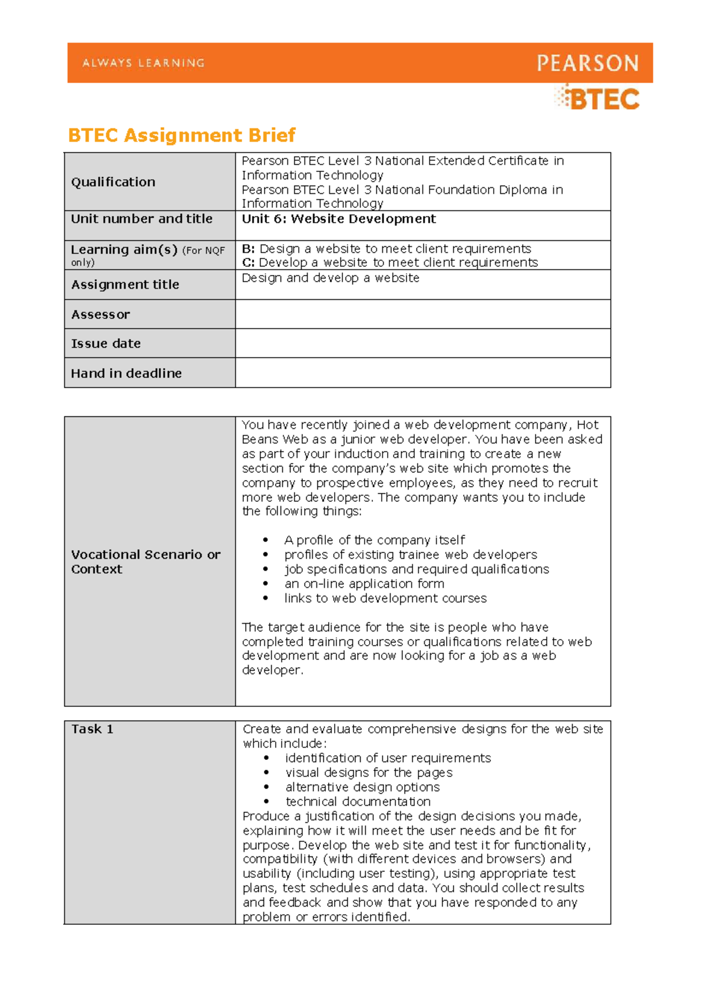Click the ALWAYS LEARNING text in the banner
(143, 63)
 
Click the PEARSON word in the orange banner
(587, 63)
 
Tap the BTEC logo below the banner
(597, 98)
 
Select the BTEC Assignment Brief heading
(181, 135)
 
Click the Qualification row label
(113, 182)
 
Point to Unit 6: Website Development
(339, 219)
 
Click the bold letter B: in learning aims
(248, 249)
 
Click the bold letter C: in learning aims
(248, 263)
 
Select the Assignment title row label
(125, 285)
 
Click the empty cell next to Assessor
(422, 314)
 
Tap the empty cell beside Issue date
(422, 343)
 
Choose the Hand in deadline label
(126, 373)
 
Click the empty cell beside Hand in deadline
(422, 372)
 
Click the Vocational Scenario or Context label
(146, 561)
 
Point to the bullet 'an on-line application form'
(364, 584)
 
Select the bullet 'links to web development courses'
(385, 598)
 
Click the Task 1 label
(92, 729)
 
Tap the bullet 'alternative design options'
(362, 787)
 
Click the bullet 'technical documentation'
(358, 802)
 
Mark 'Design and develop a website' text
(331, 278)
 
